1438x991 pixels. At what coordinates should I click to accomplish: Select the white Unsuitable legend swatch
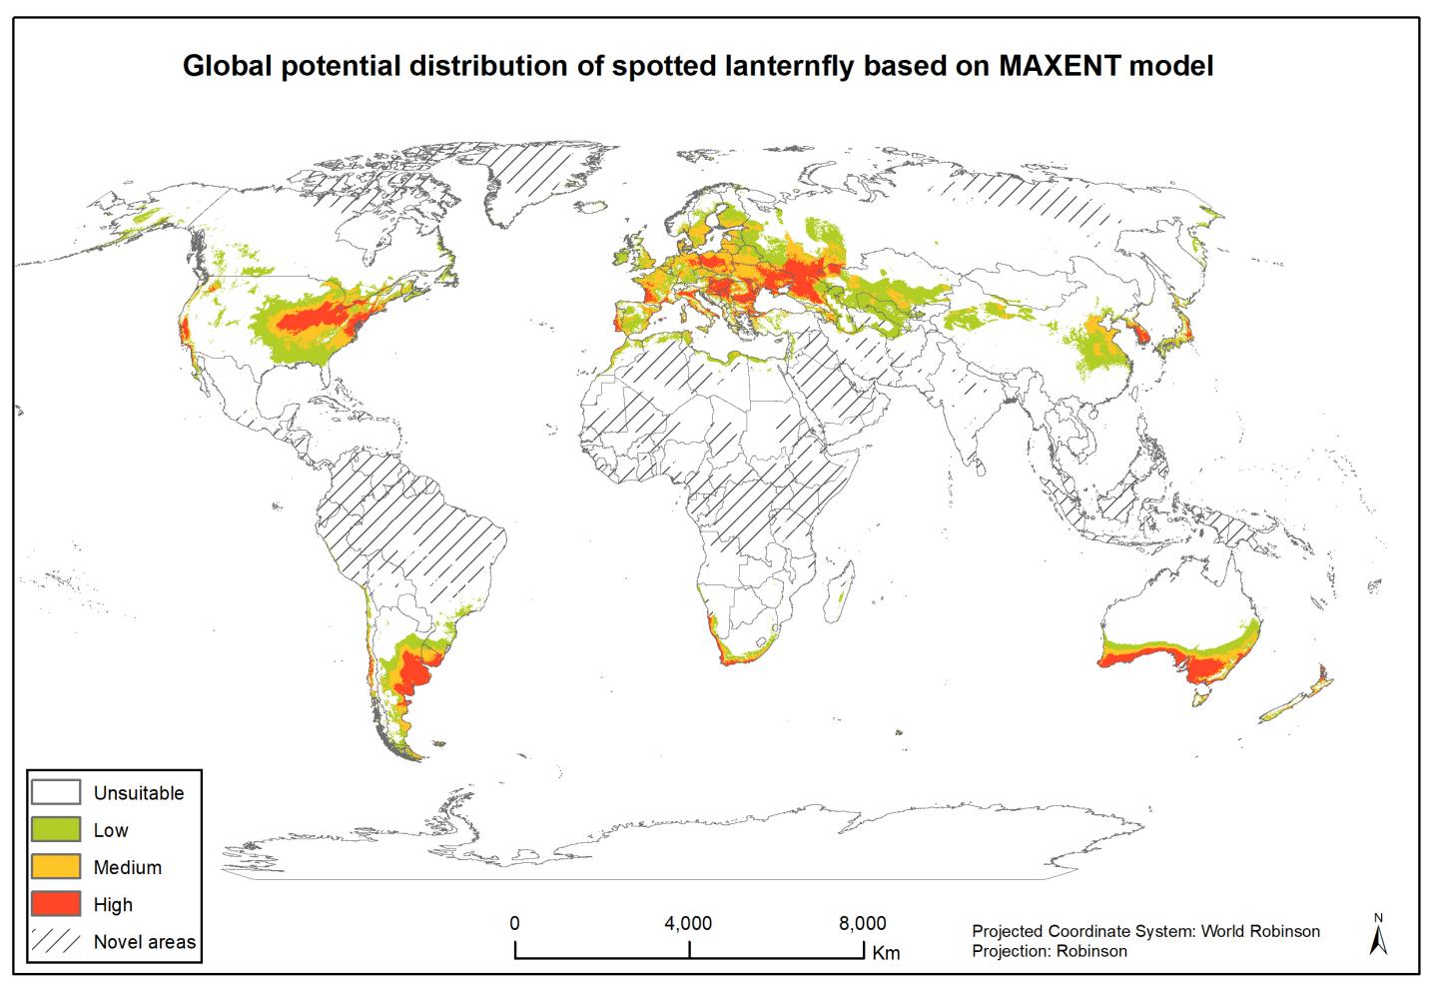(56, 792)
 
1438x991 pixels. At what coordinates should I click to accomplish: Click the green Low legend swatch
(56, 829)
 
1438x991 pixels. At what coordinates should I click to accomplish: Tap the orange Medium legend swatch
(56, 866)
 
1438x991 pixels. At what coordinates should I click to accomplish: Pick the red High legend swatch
(56, 904)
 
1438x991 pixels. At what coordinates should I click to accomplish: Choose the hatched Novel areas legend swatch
(56, 941)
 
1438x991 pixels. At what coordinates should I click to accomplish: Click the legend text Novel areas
(145, 942)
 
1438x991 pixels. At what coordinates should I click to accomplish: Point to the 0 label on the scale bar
(514, 923)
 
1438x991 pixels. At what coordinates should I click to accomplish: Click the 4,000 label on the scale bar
(688, 923)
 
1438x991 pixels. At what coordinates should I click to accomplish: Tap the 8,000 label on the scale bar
(861, 923)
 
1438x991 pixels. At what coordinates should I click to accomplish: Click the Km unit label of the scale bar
(886, 953)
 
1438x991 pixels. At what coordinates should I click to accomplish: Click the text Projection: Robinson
(1049, 951)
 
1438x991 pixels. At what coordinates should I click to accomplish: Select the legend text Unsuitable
(139, 793)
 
